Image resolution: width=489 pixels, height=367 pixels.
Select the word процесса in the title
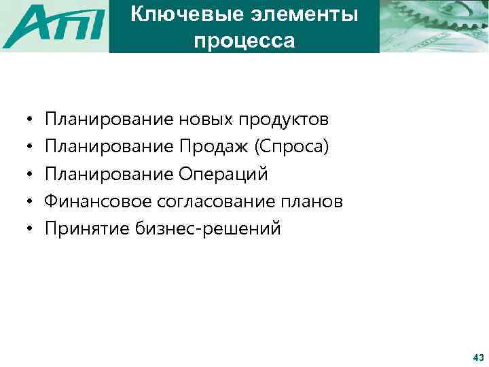pos(244,41)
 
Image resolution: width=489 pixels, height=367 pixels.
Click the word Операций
pos(223,175)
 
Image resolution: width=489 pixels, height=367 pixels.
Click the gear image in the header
pos(433,26)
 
